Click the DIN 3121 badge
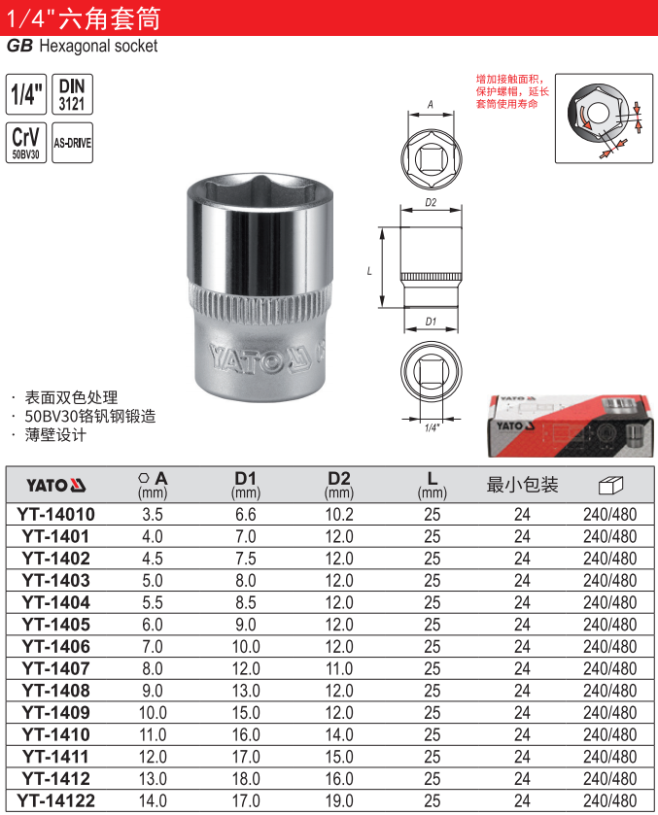click(72, 94)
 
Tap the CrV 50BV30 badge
click(26, 143)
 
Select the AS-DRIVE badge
click(72, 143)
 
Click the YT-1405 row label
click(56, 625)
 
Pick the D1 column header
click(246, 485)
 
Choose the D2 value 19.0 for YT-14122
click(339, 801)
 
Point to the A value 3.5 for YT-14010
click(153, 515)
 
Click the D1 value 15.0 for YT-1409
click(246, 713)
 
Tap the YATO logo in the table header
click(56, 486)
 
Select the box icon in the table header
click(610, 485)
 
